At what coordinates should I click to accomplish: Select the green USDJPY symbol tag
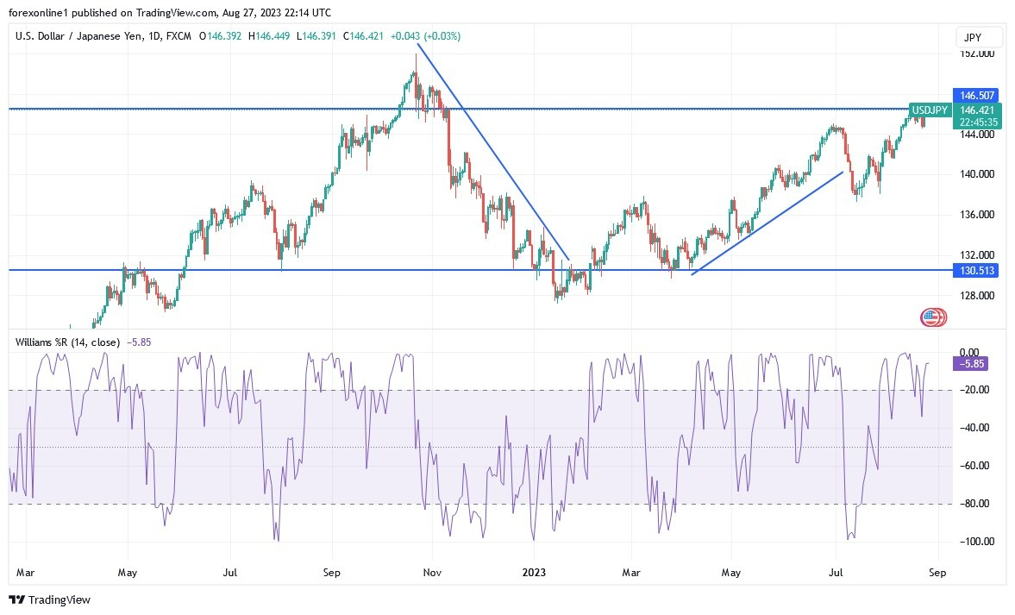[x=930, y=110]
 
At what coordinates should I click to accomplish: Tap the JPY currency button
[x=980, y=38]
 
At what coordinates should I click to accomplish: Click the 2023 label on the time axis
[x=534, y=572]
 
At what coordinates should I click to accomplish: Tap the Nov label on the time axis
[x=434, y=572]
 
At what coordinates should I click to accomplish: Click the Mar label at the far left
[x=26, y=572]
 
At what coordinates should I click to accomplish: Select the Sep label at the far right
[x=938, y=572]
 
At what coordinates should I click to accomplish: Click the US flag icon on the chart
[x=932, y=317]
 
